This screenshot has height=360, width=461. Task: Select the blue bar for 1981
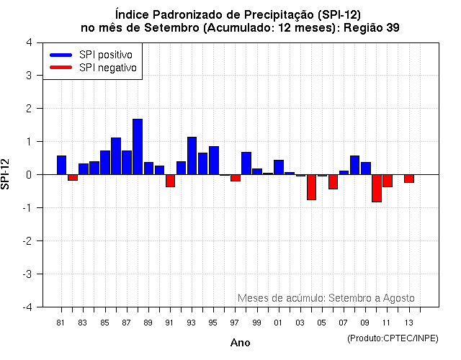pos(61,165)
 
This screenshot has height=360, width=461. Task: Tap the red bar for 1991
pos(170,181)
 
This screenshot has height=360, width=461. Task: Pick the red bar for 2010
pos(377,188)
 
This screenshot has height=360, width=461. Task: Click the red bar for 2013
pos(409,179)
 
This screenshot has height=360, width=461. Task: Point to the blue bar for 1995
pos(214,161)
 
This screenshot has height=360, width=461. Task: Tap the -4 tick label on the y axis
pos(27,307)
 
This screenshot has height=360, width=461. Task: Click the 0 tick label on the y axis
pos(28,175)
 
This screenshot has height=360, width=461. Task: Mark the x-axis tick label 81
pos(61,323)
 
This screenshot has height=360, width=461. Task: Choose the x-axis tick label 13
pos(409,323)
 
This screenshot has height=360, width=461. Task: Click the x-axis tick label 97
pos(236,323)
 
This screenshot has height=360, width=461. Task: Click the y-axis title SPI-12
pos(6,174)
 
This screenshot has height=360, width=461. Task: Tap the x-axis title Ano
pos(240,343)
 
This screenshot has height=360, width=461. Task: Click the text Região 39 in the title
pos(367,28)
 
